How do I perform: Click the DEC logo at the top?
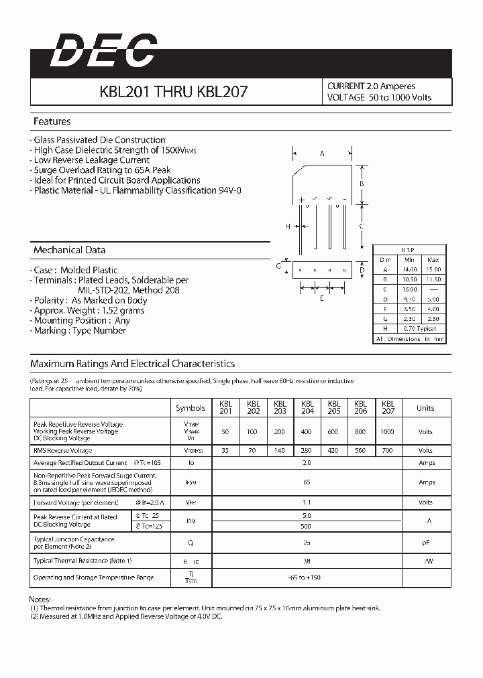(x=102, y=52)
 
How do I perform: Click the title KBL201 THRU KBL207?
(x=174, y=92)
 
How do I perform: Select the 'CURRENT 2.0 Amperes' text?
(x=371, y=86)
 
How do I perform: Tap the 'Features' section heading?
(x=52, y=122)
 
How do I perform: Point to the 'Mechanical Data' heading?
(x=69, y=250)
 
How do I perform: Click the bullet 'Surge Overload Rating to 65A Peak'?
(x=103, y=170)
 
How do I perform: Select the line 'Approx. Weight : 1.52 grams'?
(x=89, y=310)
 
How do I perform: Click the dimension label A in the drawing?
(x=322, y=154)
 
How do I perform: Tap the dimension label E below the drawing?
(x=322, y=298)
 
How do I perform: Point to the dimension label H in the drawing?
(x=287, y=226)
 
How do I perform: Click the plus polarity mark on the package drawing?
(x=302, y=200)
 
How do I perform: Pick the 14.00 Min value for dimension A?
(x=410, y=269)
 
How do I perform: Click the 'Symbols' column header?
(x=191, y=408)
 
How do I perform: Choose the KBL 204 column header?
(x=307, y=407)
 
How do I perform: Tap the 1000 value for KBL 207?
(x=387, y=432)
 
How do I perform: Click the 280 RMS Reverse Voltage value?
(x=307, y=451)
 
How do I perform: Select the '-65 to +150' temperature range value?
(x=307, y=578)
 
